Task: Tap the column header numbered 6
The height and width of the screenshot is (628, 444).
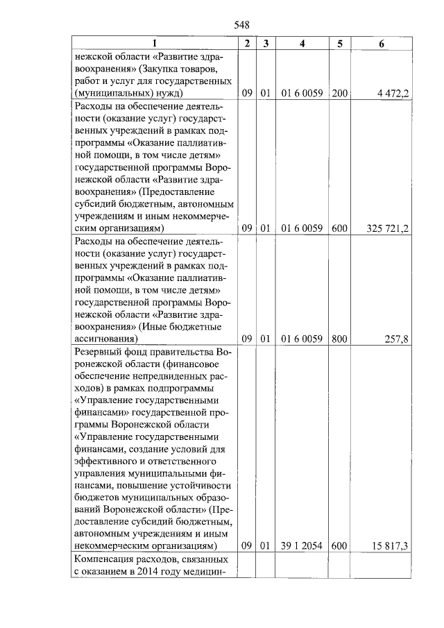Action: point(382,44)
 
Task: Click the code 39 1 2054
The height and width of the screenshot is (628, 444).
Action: point(302,546)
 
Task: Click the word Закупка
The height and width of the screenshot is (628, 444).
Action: point(160,69)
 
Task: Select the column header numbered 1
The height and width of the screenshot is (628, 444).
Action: point(155,44)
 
